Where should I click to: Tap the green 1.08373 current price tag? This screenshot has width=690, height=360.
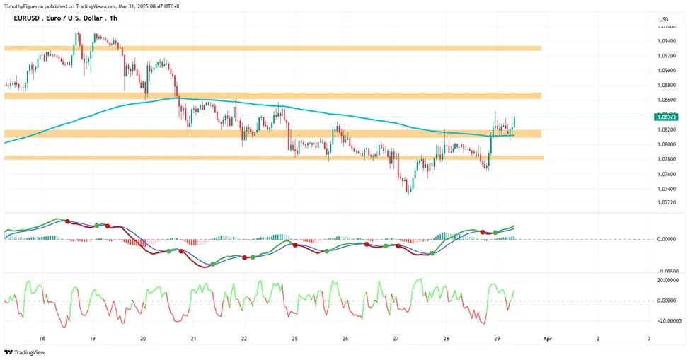coord(666,117)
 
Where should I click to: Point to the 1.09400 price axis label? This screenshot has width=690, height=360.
coord(667,41)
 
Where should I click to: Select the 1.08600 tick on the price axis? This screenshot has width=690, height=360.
coord(667,100)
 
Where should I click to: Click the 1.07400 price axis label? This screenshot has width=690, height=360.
coord(667,189)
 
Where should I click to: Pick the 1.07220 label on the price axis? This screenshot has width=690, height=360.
coord(667,203)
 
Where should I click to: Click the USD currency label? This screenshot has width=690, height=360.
coord(664,19)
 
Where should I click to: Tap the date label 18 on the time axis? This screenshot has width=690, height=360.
coord(42,339)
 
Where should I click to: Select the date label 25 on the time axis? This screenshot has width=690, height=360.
coord(295,339)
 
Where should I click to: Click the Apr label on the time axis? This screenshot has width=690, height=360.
coord(548,339)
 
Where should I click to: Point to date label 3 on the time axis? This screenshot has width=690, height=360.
coord(649,339)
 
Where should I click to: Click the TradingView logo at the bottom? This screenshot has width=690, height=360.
coord(25,352)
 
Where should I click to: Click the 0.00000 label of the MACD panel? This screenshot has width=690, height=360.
coord(667,239)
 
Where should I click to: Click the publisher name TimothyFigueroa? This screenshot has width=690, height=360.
coord(23,6)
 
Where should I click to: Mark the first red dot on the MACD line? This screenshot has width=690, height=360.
coord(67,221)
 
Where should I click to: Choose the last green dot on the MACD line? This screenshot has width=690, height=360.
coord(495,232)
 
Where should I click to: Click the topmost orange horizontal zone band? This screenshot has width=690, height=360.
coord(273,48)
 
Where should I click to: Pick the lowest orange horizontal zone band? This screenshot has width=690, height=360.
coord(274,157)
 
